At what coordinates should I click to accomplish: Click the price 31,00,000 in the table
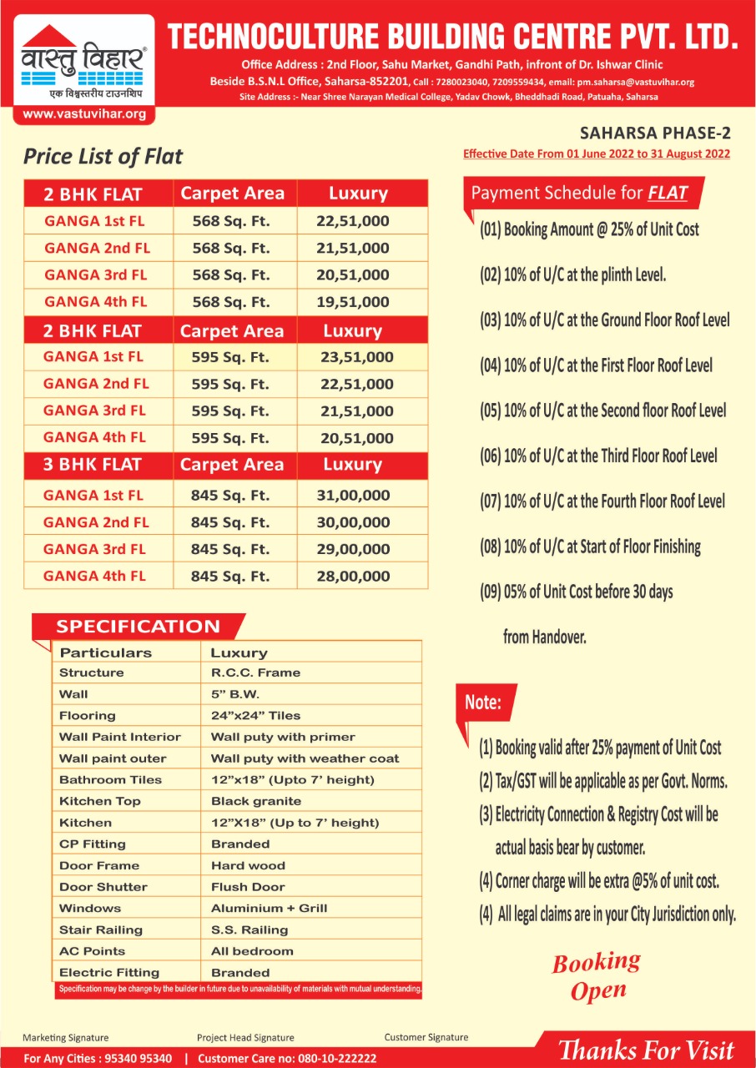(353, 496)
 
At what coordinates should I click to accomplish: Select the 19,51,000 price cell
(353, 302)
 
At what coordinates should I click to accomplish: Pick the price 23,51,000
(356, 358)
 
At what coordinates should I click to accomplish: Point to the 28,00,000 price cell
(353, 577)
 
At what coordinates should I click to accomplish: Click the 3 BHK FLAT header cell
(93, 465)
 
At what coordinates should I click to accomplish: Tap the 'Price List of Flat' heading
(103, 157)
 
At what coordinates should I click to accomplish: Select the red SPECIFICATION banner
(139, 627)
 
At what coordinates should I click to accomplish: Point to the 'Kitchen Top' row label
(100, 801)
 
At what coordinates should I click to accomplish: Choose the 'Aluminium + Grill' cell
(269, 908)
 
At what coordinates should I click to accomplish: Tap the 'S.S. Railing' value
(249, 929)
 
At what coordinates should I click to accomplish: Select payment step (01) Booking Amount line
(589, 229)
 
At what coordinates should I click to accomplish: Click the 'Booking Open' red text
(597, 976)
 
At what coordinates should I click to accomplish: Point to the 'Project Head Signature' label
(245, 1038)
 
